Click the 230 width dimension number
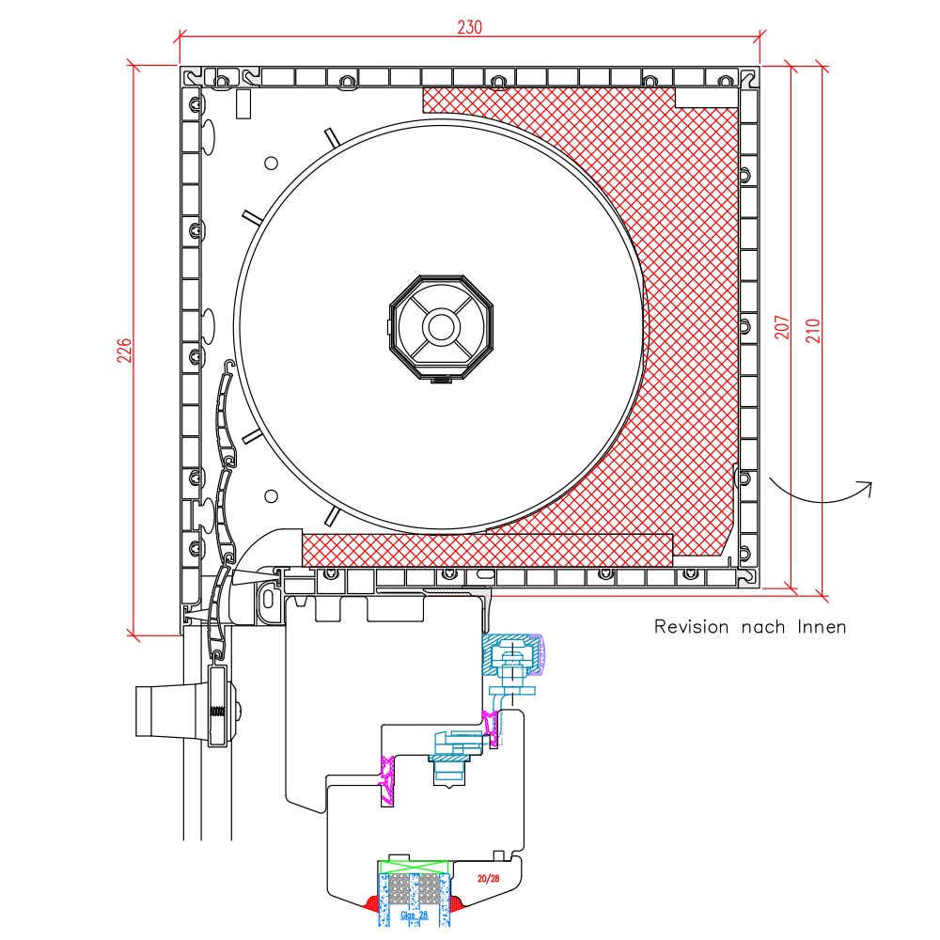pyautogui.click(x=469, y=27)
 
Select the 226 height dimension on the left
pyautogui.click(x=123, y=351)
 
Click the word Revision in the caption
pyautogui.click(x=691, y=626)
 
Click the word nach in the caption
pyautogui.click(x=762, y=626)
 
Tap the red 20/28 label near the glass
pyautogui.click(x=488, y=879)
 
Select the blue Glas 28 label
pyautogui.click(x=414, y=915)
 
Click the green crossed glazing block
pyautogui.click(x=415, y=866)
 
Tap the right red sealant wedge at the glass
pyautogui.click(x=457, y=903)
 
